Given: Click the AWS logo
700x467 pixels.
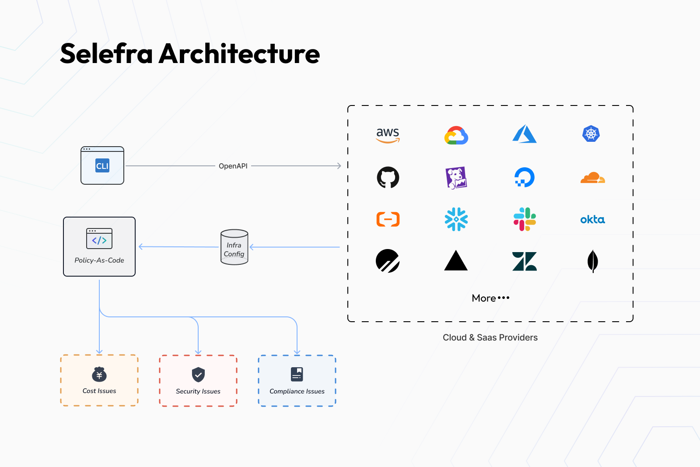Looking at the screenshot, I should coord(388,134).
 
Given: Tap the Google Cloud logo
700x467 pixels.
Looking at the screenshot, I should coord(456,135).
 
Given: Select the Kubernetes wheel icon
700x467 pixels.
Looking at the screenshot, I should coord(591,133).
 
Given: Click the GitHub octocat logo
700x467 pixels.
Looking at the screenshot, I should coord(388,177).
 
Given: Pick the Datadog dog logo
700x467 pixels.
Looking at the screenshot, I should coord(456,178).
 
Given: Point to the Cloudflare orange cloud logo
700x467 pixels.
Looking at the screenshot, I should coord(593,177).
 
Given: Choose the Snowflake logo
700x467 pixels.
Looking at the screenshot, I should coord(456,219).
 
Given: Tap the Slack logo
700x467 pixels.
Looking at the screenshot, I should coord(525,219).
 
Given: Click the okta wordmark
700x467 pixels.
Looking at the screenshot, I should coord(592,219).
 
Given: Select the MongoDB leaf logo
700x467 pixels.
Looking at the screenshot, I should coord(592,261).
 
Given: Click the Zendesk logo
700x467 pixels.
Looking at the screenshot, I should coord(525,261).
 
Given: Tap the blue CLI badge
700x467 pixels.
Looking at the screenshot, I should coord(102,166).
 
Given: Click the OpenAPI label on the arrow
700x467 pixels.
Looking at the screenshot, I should coord(233,166).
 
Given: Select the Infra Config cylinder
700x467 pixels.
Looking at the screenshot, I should coord(234,247).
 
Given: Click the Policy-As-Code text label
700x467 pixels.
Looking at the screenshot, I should coord(99,260).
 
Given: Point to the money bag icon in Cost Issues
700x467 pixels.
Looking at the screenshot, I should coord(99,375).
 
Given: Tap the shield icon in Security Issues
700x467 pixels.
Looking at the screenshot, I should coord(198,375).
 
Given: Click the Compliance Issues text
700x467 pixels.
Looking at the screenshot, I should coord(297,391).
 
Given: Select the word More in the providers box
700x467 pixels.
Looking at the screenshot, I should coord(484,298).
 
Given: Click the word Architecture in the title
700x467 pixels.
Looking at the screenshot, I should coord(239,54).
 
